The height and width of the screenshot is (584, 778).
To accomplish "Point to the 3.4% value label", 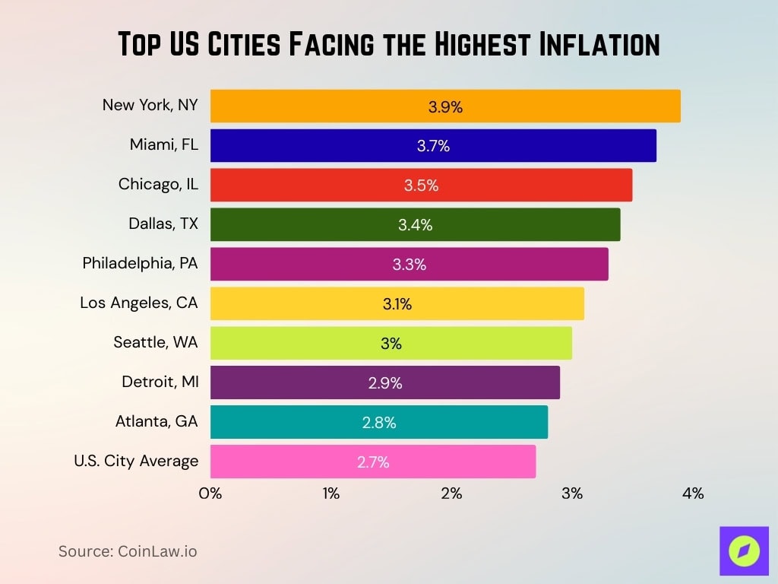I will [415, 225].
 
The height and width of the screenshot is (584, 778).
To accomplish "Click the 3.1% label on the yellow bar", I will [397, 304].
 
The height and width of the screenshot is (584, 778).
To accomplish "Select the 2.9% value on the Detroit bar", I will [385, 383].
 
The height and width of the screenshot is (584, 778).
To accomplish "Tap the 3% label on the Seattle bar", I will [391, 344].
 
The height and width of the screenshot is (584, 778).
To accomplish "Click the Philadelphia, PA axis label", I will [141, 263].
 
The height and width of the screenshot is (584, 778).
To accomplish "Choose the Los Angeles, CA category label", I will [139, 303].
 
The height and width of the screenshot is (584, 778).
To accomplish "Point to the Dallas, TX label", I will [163, 224].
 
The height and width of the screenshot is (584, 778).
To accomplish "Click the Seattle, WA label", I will [156, 342].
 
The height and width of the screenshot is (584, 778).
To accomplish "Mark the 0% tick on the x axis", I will [210, 494].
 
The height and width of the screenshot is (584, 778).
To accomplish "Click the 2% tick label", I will [451, 494].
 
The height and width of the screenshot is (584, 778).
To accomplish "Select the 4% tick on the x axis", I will [693, 494].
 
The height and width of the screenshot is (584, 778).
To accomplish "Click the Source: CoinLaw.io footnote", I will [128, 551].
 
